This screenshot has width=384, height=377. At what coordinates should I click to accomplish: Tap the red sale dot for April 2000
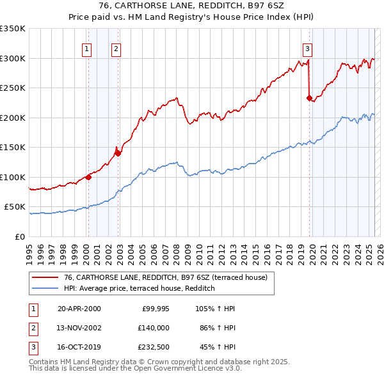click(88, 177)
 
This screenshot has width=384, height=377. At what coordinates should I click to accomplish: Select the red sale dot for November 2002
click(118, 153)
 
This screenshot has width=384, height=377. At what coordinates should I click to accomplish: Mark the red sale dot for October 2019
click(309, 98)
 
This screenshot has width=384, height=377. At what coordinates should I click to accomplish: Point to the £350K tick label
click(13, 29)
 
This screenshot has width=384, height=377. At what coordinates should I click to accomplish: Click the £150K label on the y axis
click(13, 148)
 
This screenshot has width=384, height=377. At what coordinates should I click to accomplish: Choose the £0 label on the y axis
click(19, 236)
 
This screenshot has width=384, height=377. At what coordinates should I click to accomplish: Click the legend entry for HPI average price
click(139, 289)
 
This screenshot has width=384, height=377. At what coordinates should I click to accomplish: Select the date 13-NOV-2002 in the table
click(79, 327)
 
